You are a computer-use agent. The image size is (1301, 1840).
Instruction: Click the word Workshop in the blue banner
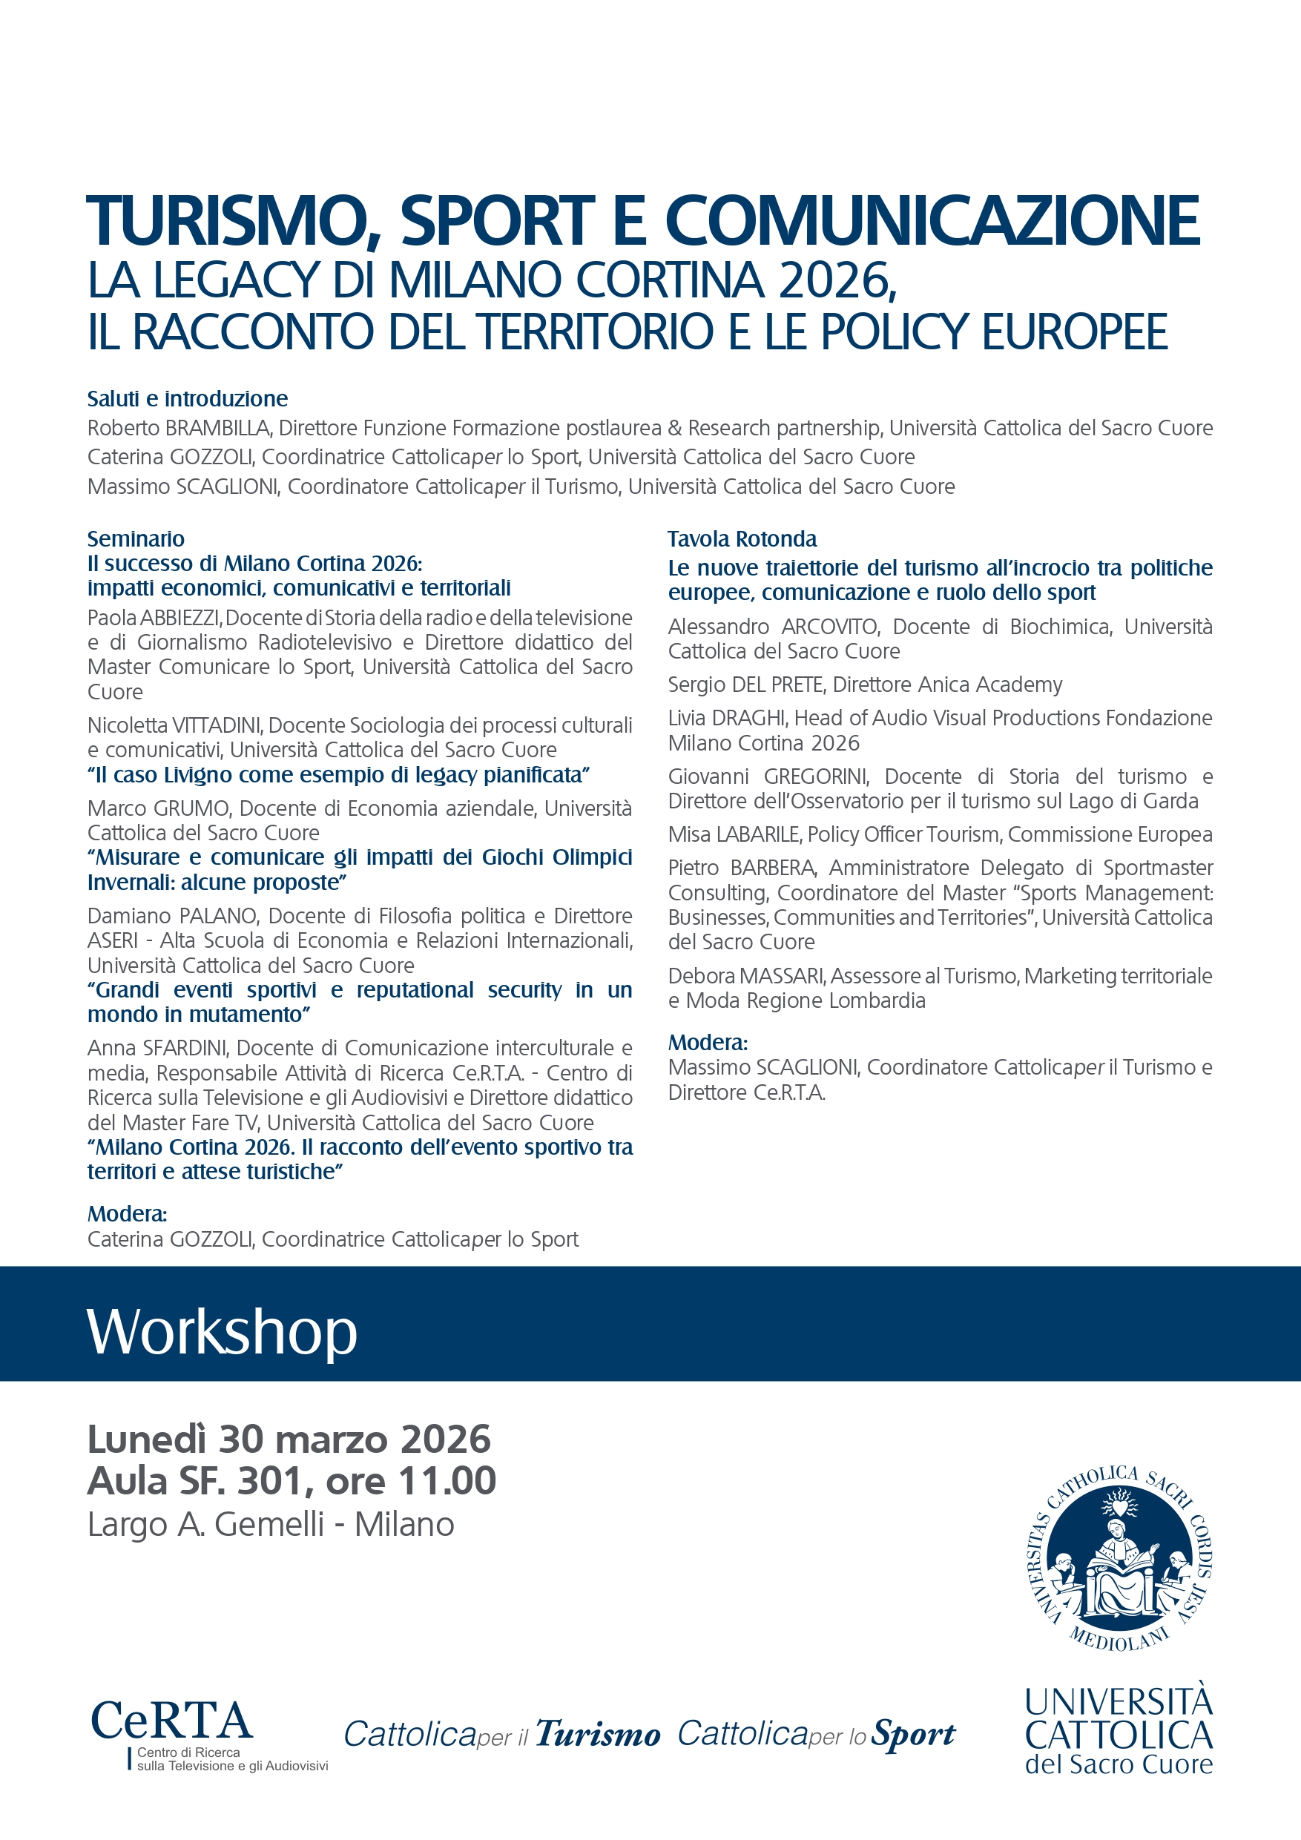[222, 1332]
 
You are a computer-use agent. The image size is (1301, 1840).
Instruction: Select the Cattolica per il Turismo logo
[502, 1733]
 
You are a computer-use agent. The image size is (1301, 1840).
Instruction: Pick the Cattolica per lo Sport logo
[816, 1733]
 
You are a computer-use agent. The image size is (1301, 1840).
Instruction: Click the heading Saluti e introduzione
[188, 398]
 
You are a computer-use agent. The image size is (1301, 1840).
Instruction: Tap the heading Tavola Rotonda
[742, 538]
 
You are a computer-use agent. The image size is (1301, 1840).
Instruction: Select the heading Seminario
[136, 538]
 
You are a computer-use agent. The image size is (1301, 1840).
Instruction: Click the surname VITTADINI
[217, 725]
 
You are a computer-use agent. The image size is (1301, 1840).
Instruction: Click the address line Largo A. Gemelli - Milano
[271, 1524]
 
